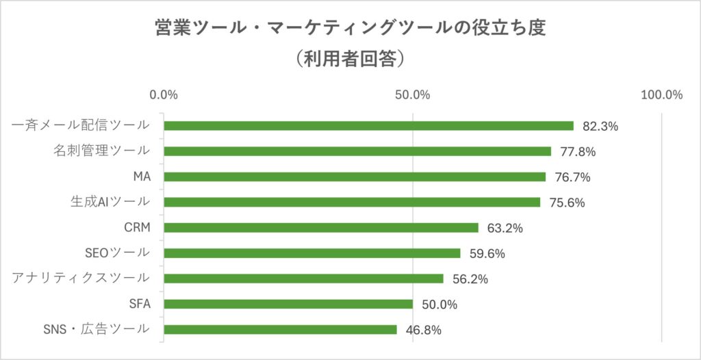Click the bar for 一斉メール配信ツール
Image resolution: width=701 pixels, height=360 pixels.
click(368, 126)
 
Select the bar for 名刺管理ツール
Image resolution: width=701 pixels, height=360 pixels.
click(357, 151)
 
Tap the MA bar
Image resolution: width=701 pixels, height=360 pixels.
click(355, 177)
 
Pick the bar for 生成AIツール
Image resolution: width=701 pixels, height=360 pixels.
click(352, 202)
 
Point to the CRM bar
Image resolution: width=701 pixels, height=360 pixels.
click(321, 227)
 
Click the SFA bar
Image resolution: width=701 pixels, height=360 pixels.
click(288, 304)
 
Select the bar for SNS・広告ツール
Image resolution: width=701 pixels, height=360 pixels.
click(281, 329)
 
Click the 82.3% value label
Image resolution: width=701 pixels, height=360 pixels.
click(600, 127)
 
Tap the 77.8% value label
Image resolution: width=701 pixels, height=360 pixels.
click(578, 152)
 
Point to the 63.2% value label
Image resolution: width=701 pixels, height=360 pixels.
click(505, 228)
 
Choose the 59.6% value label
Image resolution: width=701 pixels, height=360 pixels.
click(487, 254)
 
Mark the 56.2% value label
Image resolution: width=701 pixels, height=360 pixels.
click(470, 279)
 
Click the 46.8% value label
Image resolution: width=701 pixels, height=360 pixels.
click(424, 330)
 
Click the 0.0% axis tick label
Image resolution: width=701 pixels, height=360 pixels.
click(164, 95)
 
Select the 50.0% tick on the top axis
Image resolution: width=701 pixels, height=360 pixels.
click(413, 95)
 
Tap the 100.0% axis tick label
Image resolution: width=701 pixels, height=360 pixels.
click(661, 95)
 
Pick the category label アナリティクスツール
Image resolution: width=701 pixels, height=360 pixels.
click(81, 278)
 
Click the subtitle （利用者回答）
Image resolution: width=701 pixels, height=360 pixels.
click(350, 59)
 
